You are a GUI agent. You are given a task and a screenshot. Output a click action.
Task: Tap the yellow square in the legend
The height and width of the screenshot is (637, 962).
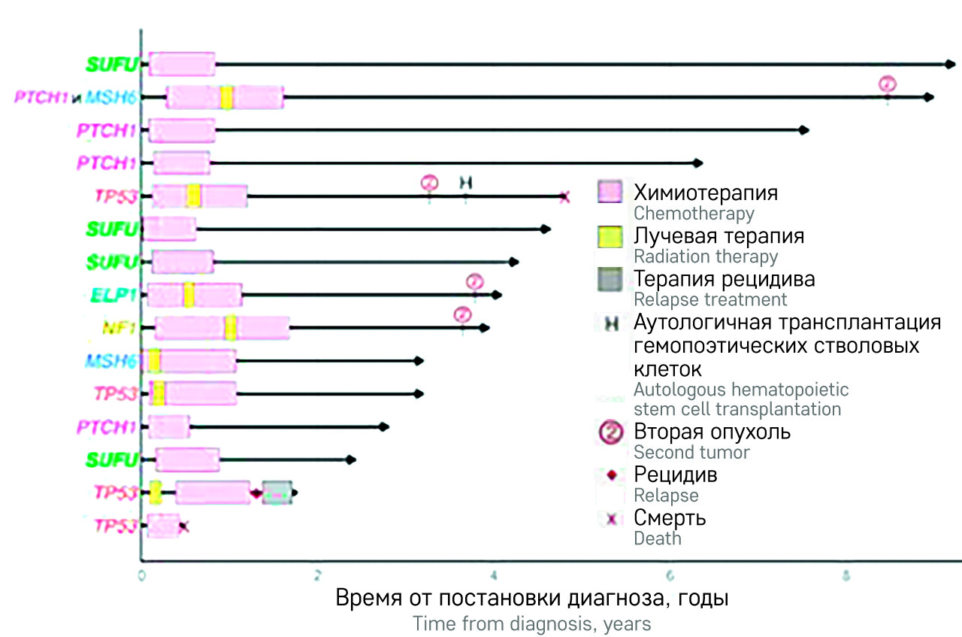click(610, 237)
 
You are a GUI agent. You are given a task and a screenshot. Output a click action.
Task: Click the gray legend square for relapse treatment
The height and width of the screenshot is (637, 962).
click(610, 280)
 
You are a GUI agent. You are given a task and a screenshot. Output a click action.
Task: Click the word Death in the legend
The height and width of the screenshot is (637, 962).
click(658, 538)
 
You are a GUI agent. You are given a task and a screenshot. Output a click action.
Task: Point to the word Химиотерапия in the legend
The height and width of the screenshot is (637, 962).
click(706, 193)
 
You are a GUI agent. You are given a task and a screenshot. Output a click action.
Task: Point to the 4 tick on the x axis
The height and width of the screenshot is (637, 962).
click(494, 577)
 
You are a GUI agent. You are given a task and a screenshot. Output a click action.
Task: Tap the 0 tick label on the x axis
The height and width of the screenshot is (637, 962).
click(142, 577)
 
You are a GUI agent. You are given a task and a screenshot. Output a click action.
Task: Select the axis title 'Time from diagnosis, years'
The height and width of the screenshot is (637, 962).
click(531, 624)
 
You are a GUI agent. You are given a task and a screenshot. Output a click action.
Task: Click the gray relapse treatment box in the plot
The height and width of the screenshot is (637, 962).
click(277, 493)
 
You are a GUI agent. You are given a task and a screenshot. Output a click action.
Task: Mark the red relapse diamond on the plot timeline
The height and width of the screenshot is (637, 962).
click(256, 493)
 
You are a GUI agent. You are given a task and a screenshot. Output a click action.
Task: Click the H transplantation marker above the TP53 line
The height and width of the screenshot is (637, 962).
click(466, 182)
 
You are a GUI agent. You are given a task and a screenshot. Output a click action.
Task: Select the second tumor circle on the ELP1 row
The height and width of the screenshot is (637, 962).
click(474, 282)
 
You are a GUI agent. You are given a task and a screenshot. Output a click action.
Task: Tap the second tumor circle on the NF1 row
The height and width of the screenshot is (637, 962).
click(463, 315)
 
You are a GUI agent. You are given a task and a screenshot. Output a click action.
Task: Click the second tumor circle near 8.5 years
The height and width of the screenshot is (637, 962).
click(888, 84)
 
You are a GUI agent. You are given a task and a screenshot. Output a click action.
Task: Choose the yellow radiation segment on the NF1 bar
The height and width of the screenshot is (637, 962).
click(231, 328)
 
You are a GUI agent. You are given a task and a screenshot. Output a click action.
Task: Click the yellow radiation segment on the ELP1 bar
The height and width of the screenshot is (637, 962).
click(189, 295)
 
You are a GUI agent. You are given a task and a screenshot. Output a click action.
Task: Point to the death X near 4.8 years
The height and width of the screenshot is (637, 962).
click(564, 197)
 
